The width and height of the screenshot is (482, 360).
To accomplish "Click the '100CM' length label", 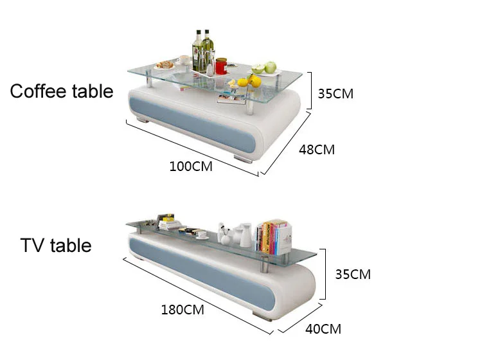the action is point(190,166).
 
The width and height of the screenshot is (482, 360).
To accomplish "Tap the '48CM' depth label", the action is point(317,150).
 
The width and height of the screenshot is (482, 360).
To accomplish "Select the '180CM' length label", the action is point(183,310).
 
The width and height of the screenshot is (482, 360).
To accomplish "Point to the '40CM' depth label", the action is point(323,330).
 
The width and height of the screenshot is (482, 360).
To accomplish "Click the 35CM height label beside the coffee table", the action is point(335,94).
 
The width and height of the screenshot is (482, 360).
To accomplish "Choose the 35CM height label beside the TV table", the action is point(353,274).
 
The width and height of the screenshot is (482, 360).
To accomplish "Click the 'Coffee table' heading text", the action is point(62,91).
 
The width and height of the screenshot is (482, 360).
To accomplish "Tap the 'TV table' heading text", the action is point(56,246).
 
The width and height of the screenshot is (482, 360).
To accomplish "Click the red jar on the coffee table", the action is point(221,66).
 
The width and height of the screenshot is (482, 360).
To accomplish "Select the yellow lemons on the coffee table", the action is point(249,82).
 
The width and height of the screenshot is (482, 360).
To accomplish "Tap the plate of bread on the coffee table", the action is point(166,64).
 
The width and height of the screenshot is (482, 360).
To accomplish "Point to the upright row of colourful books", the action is point(271,237).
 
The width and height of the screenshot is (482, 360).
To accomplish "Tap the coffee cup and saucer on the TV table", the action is point(201,234).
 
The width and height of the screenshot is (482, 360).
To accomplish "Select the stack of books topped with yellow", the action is point(170,223).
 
